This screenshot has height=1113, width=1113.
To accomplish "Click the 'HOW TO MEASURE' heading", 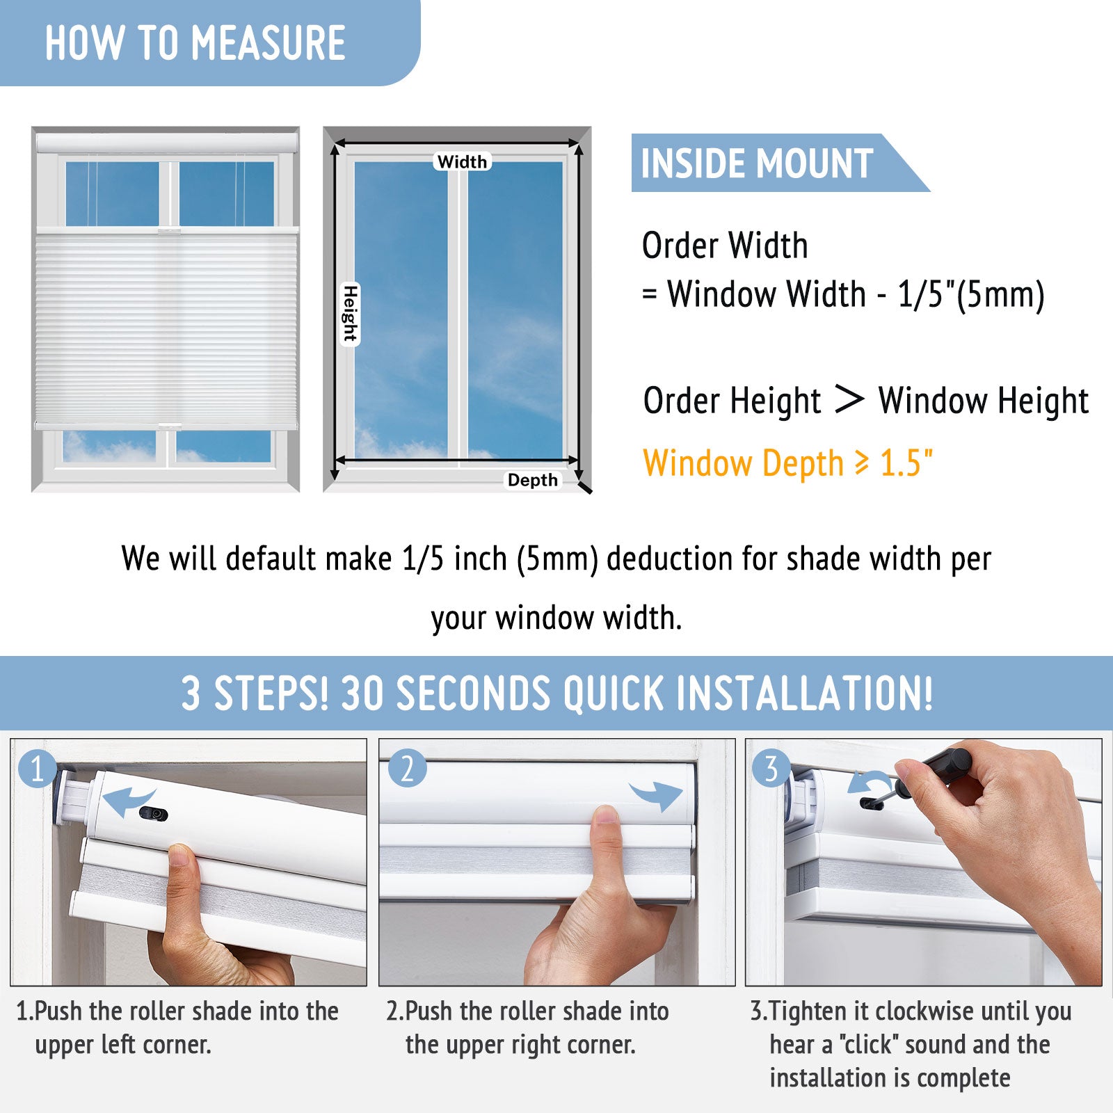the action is click(195, 43).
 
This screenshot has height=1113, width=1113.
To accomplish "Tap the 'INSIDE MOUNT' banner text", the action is click(757, 163).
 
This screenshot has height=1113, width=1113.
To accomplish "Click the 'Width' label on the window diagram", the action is click(462, 161).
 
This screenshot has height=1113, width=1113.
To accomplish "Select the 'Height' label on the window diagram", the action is click(350, 314).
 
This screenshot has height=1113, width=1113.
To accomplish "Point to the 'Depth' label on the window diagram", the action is click(532, 480).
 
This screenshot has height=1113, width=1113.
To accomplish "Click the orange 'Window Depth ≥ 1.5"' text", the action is click(787, 464).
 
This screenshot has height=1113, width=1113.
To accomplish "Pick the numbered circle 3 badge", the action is click(771, 768).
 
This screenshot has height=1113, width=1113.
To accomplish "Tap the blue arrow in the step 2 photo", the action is click(656, 795).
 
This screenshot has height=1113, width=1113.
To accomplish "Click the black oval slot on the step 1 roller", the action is click(154, 814).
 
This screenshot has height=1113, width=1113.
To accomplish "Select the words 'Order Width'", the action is click(725, 246).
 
